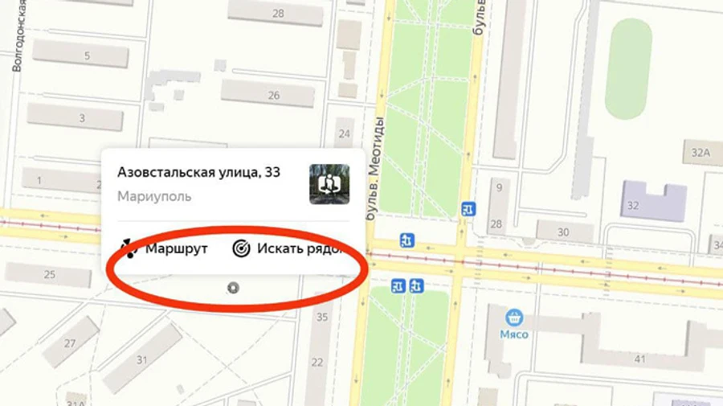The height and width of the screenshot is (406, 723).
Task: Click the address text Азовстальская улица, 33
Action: point(198,172)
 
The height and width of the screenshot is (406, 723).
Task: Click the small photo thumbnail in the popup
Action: point(329,184)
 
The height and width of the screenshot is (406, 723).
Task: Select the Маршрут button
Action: point(165,248)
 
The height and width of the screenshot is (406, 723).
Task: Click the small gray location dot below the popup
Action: point(233,287)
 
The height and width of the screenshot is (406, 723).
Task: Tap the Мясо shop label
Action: point(515,334)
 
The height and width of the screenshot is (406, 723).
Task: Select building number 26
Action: point(274,95)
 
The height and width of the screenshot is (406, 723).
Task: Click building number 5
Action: point(87,56)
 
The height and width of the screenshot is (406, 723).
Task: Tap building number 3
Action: point(82,118)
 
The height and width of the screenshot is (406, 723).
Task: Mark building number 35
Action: point(322,317)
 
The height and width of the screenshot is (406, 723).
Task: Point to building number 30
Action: point(563,232)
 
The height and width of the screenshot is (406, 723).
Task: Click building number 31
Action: point(142,359)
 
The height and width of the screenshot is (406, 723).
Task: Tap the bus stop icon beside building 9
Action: point(469,210)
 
